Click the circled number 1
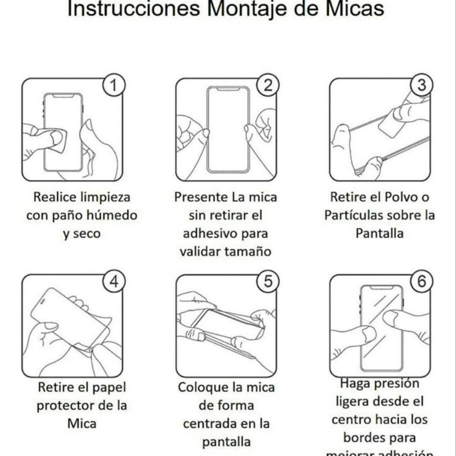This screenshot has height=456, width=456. [x=113, y=85]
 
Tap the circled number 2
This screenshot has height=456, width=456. [x=268, y=85]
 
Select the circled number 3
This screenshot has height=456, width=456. [x=422, y=85]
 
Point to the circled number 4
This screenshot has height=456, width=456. [x=113, y=282]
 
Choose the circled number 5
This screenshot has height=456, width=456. [x=268, y=282]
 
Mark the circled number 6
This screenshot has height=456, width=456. [x=422, y=282]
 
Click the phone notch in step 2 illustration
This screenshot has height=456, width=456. [x=228, y=89]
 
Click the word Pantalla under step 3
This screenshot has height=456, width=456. [x=379, y=233]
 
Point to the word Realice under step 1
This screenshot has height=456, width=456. [x=56, y=197]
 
